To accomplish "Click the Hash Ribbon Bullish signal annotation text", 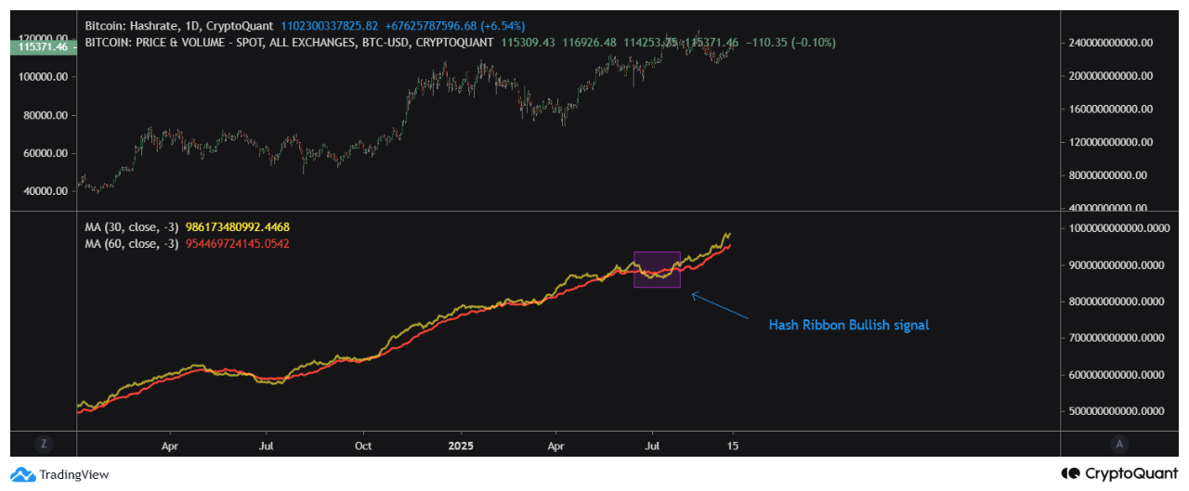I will click(x=848, y=325).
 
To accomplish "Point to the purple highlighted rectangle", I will click(x=658, y=269).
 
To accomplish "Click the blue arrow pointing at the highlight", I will click(x=720, y=306).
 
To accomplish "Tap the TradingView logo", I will click(x=60, y=474).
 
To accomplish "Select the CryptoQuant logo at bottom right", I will click(x=1120, y=473).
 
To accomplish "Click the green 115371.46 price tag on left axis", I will click(x=37, y=45).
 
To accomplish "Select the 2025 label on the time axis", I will click(x=460, y=445).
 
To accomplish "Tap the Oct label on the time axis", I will click(x=363, y=445).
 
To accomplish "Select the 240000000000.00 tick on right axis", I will click(x=1111, y=43).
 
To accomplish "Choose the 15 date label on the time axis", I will click(x=733, y=445).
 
